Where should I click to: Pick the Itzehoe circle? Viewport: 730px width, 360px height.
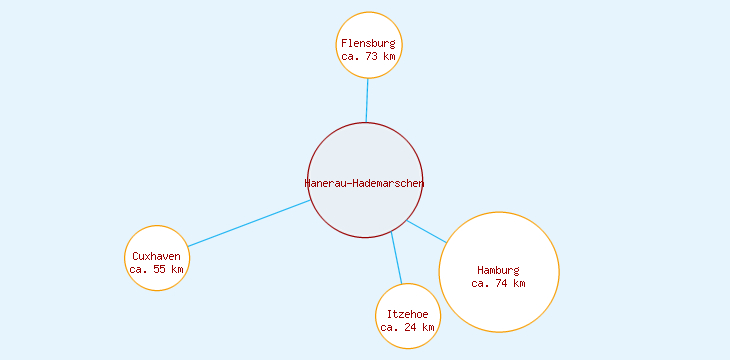407,300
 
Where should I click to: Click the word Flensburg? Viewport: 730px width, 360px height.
368,44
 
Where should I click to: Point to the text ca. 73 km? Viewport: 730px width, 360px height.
368,57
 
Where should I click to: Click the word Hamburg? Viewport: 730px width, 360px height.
498,270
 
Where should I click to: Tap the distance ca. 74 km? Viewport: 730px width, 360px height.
498,283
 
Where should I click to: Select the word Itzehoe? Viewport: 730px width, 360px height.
407,314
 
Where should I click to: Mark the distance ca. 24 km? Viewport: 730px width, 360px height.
407,327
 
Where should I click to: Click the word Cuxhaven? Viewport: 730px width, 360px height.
157,256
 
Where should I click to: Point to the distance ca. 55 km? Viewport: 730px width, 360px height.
157,269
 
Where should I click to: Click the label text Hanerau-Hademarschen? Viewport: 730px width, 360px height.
364,183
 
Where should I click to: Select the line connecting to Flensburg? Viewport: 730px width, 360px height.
367,100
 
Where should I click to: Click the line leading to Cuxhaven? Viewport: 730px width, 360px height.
248,223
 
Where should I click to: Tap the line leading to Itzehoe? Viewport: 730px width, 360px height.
396,258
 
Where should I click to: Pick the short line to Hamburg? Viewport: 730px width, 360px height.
427,231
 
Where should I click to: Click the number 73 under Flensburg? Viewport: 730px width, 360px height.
372,57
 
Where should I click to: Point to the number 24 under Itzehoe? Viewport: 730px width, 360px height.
411,327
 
